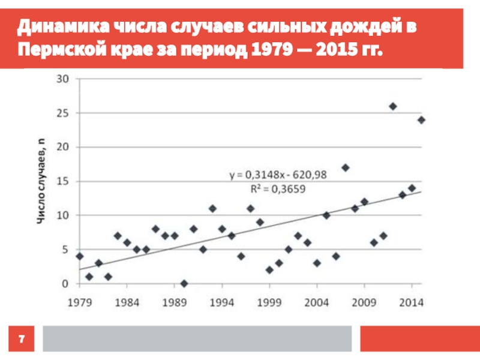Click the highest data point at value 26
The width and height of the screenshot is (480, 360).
click(x=392, y=106)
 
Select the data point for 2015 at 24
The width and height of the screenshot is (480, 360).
click(x=421, y=120)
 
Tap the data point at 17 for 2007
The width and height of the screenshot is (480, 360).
click(x=345, y=167)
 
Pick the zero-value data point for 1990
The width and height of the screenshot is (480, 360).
click(x=184, y=283)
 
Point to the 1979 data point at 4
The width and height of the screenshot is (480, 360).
click(x=79, y=256)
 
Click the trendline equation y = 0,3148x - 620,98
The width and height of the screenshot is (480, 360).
click(x=277, y=175)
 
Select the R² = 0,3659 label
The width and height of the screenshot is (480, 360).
click(x=278, y=187)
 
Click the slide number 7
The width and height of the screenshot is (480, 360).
click(x=22, y=340)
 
